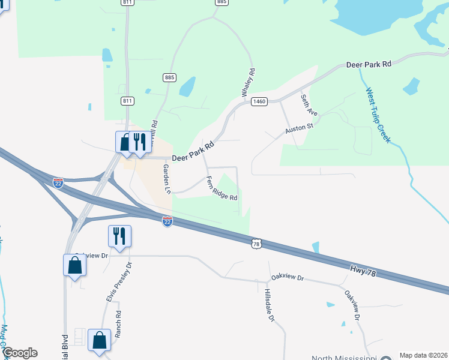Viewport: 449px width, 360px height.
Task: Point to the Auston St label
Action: [299, 128]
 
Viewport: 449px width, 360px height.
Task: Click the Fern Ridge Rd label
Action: [222, 188]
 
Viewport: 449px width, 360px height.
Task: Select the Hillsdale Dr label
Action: [269, 306]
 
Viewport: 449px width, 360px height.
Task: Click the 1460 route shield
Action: [259, 102]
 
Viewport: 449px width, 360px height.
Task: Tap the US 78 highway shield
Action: [257, 244]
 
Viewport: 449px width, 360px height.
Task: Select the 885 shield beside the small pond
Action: [169, 77]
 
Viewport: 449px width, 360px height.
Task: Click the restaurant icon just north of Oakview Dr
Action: [118, 235]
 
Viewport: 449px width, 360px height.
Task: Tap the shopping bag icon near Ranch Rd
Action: [98, 339]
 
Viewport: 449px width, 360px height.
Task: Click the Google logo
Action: [19, 353]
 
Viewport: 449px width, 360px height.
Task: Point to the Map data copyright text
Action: [423, 355]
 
